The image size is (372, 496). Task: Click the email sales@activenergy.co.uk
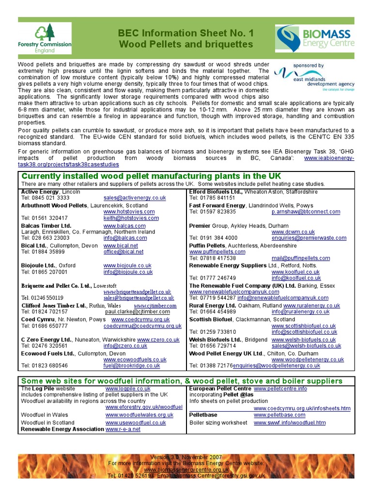pyautogui.click(x=135, y=198)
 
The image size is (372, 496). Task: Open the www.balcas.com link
pyautogui.click(x=124, y=226)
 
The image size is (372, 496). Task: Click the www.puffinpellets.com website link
pyautogui.click(x=217, y=252)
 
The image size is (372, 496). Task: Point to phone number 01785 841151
pyautogui.click(x=212, y=198)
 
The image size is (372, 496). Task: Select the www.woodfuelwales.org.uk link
pyautogui.click(x=139, y=415)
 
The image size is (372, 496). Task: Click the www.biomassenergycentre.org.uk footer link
pyautogui.click(x=186, y=470)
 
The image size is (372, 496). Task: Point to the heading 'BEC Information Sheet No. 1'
pyautogui.click(x=186, y=33)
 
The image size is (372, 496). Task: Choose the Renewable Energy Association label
pyautogui.click(x=62, y=429)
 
